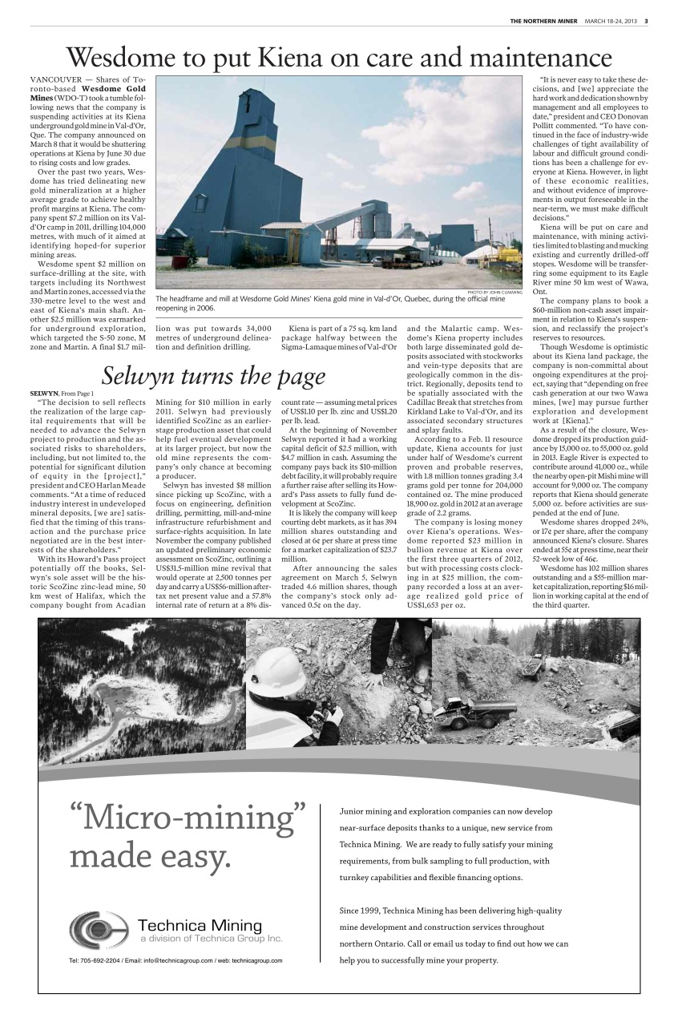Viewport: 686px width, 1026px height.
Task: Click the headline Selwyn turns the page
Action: click(213, 376)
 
